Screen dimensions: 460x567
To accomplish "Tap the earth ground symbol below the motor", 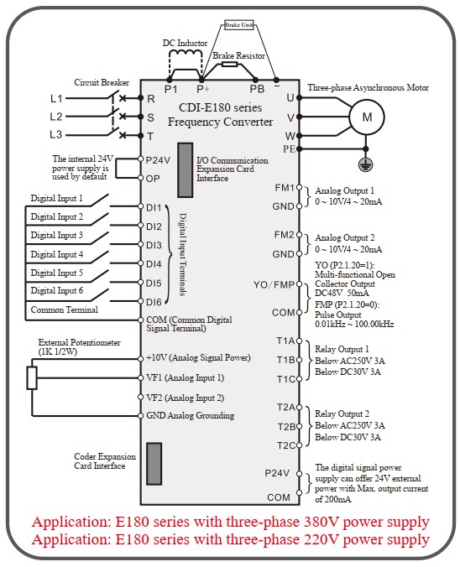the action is [x=366, y=164].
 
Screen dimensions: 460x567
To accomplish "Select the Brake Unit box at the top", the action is [x=239, y=24].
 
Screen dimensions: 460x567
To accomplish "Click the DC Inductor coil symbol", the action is [x=186, y=53].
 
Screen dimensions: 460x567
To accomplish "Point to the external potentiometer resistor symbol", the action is [x=32, y=378].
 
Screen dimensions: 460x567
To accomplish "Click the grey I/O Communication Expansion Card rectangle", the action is [x=185, y=170].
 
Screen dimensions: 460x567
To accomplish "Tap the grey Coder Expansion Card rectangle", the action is [x=154, y=464].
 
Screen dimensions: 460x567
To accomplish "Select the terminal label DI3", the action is [x=154, y=245].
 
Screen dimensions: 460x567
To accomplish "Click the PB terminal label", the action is [x=257, y=89].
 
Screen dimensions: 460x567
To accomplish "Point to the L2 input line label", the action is [x=56, y=117].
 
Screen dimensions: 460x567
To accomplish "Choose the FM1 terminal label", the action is [x=285, y=188].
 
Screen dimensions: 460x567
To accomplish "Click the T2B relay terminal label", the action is [x=286, y=427].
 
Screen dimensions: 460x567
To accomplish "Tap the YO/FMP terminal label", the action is [x=274, y=285].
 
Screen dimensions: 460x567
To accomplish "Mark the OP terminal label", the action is [x=153, y=179].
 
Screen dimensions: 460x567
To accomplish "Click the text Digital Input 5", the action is [x=57, y=273].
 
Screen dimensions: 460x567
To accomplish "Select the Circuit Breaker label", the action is [x=102, y=82].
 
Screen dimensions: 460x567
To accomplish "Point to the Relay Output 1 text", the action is [x=342, y=349].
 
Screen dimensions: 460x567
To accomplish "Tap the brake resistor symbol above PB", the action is [x=229, y=65].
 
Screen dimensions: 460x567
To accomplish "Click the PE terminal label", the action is [x=289, y=149].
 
